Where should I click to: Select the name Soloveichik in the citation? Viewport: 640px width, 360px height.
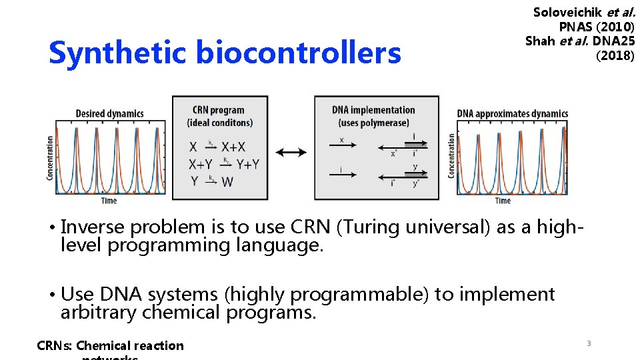(567, 12)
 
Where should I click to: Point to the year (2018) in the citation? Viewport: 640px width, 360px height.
(615, 56)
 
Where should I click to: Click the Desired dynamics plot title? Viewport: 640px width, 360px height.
(109, 113)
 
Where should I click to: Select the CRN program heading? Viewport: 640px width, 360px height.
(218, 110)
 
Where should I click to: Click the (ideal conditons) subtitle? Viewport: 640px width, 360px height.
(220, 123)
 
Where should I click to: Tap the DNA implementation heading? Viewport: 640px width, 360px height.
(373, 110)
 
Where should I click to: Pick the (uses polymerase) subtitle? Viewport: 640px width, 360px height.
(373, 123)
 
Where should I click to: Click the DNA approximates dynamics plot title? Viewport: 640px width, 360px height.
(512, 113)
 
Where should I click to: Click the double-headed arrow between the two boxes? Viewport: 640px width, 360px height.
(291, 153)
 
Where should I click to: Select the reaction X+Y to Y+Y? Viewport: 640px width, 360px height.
(223, 164)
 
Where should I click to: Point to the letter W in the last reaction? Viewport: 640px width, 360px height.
(227, 181)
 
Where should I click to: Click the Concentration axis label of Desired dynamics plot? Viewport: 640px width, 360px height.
(50, 158)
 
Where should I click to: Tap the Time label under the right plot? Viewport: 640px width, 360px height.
(503, 201)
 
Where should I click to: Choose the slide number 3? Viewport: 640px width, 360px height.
(588, 343)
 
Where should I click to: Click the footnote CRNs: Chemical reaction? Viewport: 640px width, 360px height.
(110, 345)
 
